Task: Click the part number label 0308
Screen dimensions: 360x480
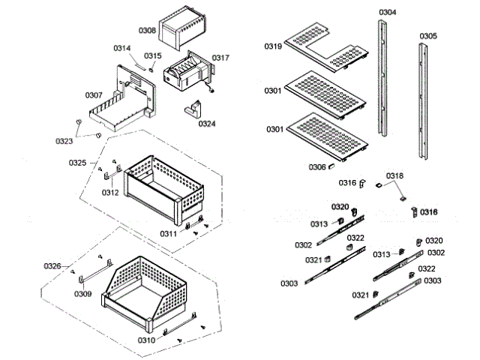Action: (147, 31)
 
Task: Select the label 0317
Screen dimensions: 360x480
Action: (220, 58)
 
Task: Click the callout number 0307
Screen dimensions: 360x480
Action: (94, 95)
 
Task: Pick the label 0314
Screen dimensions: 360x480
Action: (122, 49)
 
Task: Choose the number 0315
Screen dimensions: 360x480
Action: (153, 55)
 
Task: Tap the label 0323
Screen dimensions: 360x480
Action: (64, 141)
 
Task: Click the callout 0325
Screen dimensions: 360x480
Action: (78, 163)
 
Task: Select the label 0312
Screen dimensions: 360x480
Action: (110, 192)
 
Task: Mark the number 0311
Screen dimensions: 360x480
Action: (168, 234)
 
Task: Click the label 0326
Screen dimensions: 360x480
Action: (52, 266)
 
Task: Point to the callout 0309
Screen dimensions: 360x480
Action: (82, 293)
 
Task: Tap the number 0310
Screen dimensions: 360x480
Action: (146, 340)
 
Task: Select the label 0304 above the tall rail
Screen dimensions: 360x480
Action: (388, 13)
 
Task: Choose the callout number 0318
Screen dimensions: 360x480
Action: (394, 176)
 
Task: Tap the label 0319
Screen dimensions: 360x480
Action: (273, 46)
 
